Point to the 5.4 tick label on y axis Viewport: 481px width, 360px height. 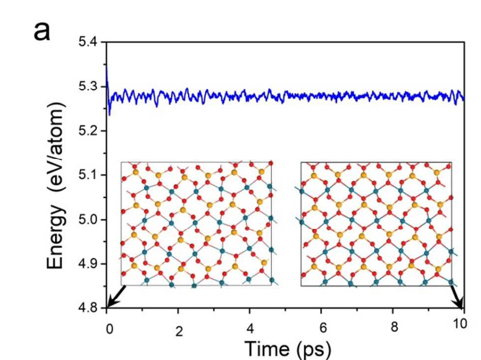(x=88, y=42)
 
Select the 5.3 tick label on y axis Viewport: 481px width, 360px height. (x=88, y=86)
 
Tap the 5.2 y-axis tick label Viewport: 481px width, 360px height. (x=88, y=131)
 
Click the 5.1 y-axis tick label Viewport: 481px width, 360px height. (x=88, y=175)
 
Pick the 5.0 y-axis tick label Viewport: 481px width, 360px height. (x=88, y=219)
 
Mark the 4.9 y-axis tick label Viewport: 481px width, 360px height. (x=88, y=264)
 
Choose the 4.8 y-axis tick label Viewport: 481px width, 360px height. (x=88, y=308)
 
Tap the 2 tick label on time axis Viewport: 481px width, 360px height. (x=179, y=332)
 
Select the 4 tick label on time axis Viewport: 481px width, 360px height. (x=250, y=331)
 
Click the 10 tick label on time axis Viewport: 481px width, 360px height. (x=460, y=324)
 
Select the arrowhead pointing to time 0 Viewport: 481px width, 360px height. (x=109, y=305)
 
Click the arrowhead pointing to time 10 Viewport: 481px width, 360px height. (x=462, y=305)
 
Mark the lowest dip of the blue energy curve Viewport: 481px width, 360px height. (x=109, y=115)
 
